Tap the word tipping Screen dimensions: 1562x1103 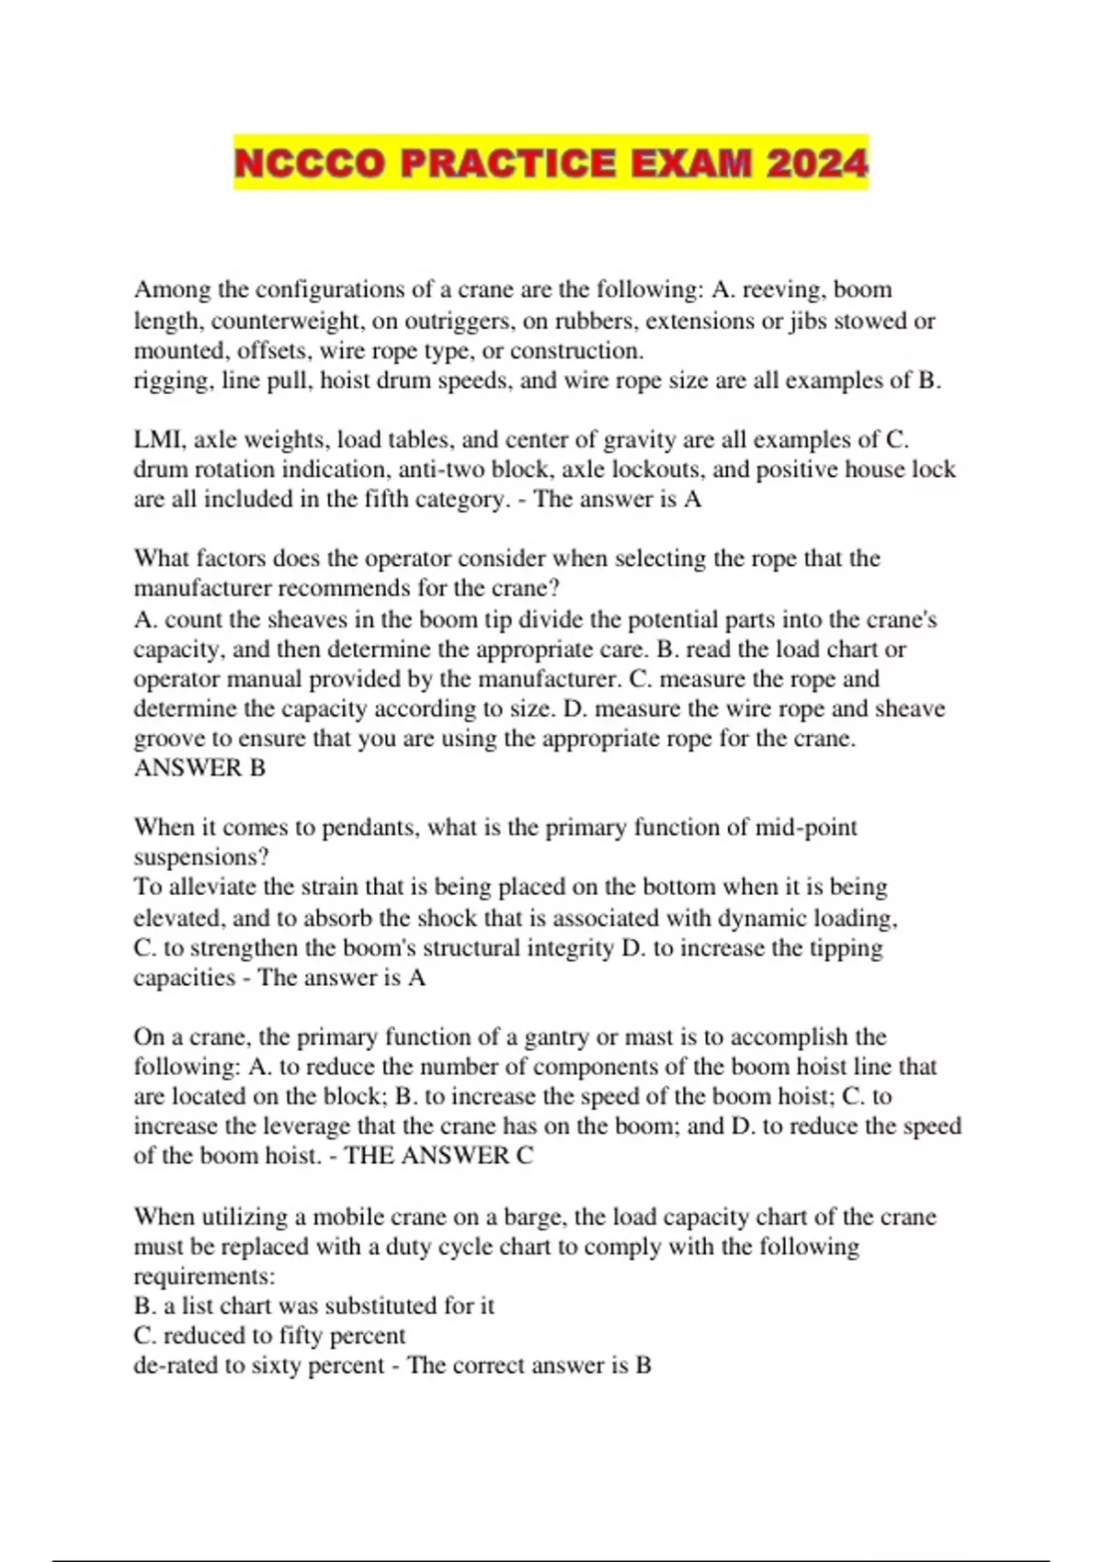[x=846, y=947]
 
